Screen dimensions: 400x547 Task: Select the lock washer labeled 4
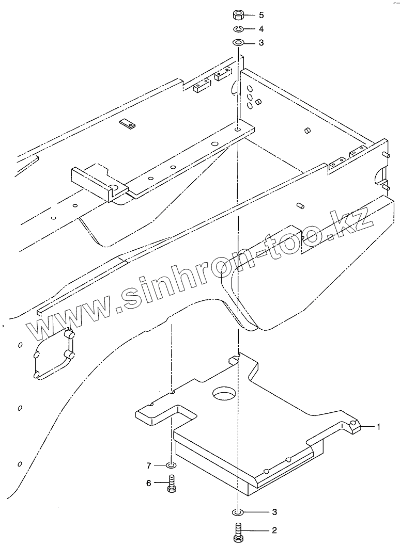tap(239, 29)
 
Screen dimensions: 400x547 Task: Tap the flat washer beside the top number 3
tap(239, 42)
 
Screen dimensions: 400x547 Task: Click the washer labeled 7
tap(172, 466)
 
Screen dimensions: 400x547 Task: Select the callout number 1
tap(378, 427)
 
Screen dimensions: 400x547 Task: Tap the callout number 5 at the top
tap(261, 14)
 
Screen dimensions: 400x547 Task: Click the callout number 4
tap(261, 29)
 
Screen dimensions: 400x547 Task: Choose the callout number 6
tap(149, 483)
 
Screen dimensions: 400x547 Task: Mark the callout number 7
tap(149, 466)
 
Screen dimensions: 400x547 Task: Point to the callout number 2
tap(275, 530)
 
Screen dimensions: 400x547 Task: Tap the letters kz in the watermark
tap(358, 221)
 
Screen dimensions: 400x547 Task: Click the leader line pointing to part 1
tap(366, 427)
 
